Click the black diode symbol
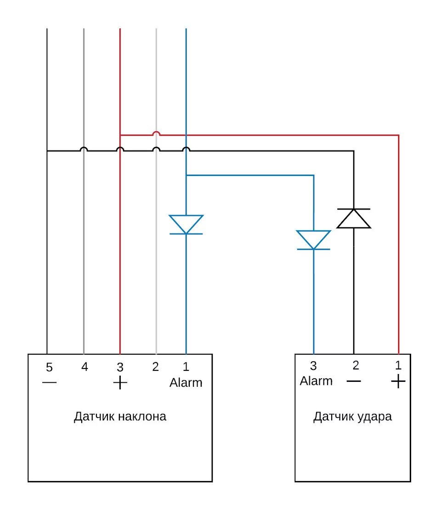coord(354,218)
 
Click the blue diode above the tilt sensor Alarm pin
coord(186,225)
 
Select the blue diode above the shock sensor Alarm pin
coord(314,240)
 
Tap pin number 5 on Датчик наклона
coord(49,368)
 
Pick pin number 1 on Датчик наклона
coord(186,367)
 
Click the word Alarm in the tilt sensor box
coord(186,382)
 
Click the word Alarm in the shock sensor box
coord(316,381)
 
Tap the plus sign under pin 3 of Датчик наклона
coord(120,383)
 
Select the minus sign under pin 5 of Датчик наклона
coord(49,383)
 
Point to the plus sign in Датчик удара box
coord(398,381)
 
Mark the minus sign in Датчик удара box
coord(354,381)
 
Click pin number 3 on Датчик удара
coord(313,366)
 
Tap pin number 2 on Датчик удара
coord(356,366)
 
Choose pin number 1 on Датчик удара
coord(398,366)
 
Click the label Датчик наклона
coord(120,417)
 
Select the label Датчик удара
coord(353,417)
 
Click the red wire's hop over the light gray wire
coord(156,133)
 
